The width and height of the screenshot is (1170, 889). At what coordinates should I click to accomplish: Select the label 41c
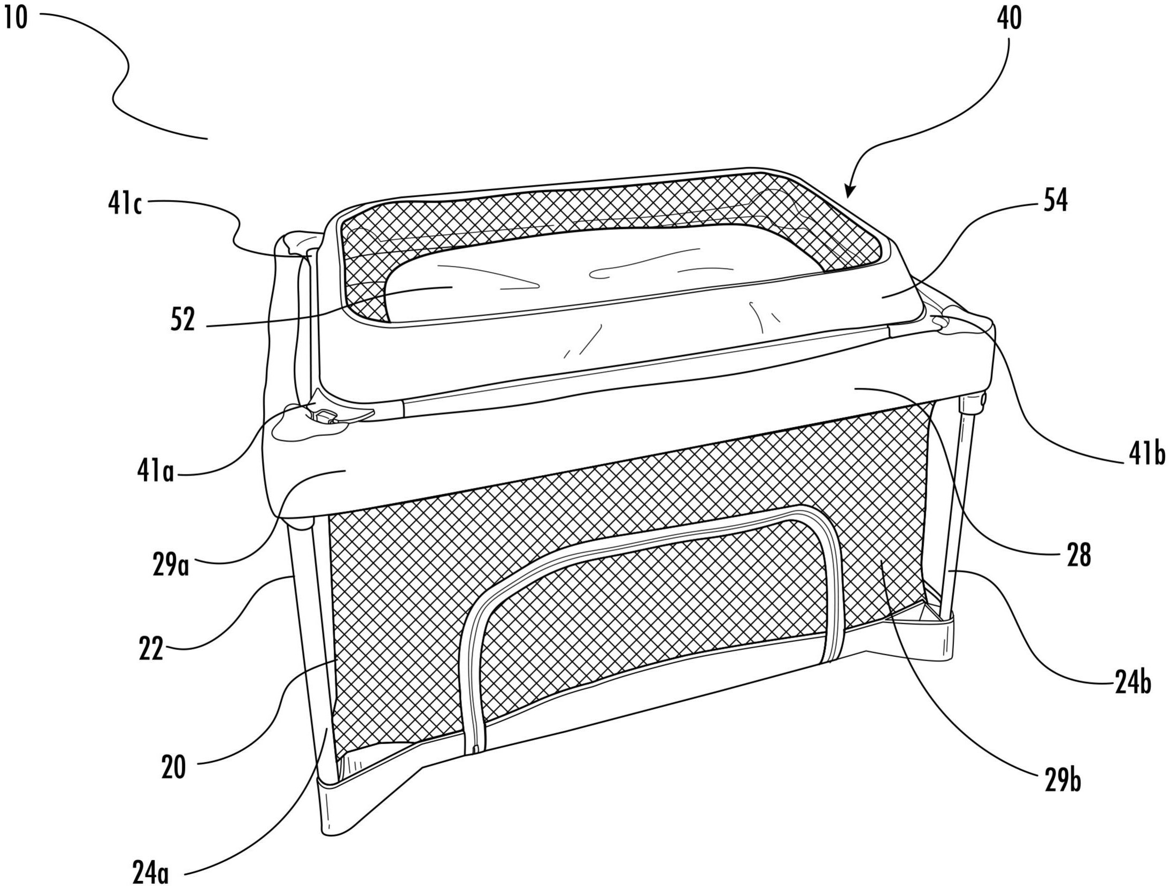coord(125,204)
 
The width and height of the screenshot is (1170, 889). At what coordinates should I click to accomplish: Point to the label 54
coord(1055,201)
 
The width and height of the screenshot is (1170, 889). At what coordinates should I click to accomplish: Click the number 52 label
coord(183,320)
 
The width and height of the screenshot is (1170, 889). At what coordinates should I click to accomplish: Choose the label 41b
coord(1146,455)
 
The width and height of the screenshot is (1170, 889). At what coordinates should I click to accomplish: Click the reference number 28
coord(1078,555)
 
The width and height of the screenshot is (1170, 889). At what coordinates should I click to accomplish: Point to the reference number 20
coord(173,767)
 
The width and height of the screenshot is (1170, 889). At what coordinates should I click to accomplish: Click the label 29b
coord(1063,780)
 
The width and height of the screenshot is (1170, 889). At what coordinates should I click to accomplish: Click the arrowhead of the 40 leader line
coord(850,193)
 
